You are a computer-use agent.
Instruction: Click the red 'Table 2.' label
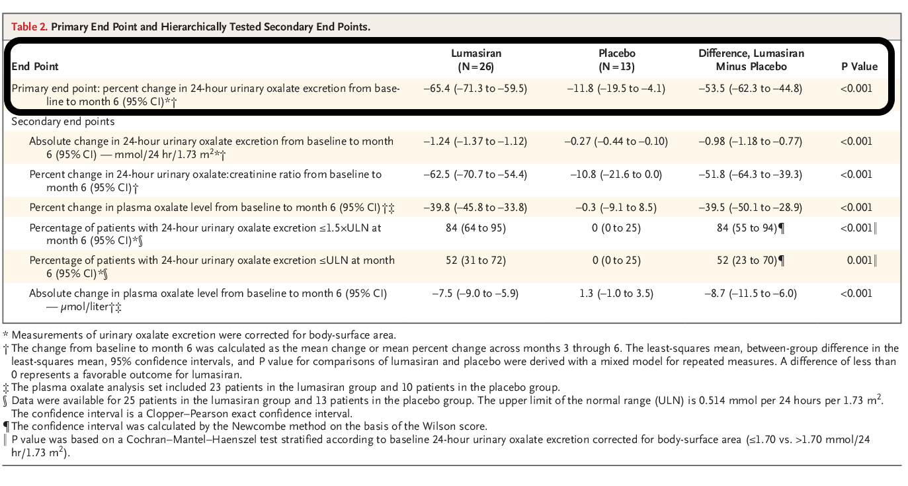(x=29, y=26)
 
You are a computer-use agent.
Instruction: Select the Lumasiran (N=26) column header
(x=476, y=60)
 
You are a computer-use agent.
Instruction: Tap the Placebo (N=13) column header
(x=616, y=60)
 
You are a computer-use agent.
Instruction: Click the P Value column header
(x=859, y=67)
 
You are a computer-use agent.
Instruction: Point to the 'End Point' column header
(x=35, y=67)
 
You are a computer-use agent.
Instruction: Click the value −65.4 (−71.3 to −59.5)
(x=475, y=89)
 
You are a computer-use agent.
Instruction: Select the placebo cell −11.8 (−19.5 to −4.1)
(x=616, y=89)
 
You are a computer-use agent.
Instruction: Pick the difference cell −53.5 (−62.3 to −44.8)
(x=751, y=89)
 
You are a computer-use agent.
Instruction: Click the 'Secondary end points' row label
(x=63, y=122)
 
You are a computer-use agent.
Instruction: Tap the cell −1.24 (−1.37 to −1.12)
(x=475, y=142)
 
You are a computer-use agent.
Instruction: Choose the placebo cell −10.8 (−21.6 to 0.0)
(x=616, y=175)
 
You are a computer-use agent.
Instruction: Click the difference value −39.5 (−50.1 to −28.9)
(x=751, y=208)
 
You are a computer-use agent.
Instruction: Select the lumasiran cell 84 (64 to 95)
(x=476, y=228)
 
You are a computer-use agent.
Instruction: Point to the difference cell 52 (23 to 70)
(x=747, y=261)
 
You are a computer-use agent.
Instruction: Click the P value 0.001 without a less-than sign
(x=859, y=261)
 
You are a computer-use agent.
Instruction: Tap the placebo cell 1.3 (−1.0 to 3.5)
(x=616, y=294)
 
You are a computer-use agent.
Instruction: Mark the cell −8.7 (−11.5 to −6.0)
(x=751, y=294)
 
